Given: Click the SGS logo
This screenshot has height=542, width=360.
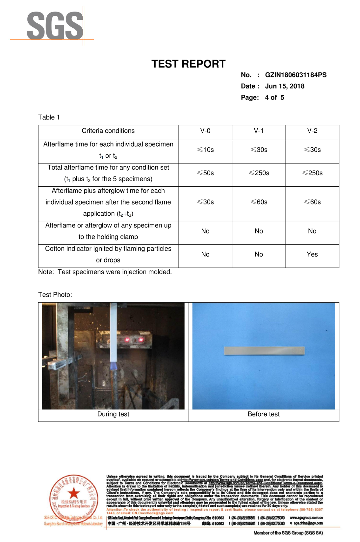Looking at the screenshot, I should pyautogui.click(x=55, y=26).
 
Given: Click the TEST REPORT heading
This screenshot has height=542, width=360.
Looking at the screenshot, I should pyautogui.click(x=188, y=64).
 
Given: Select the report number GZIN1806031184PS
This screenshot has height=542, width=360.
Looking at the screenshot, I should pyautogui.click(x=296, y=75).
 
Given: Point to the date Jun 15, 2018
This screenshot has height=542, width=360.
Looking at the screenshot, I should pyautogui.click(x=285, y=86).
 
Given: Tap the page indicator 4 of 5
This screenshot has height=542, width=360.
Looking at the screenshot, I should pyautogui.click(x=274, y=97).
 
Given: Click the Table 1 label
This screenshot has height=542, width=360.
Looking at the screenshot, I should pyautogui.click(x=49, y=117).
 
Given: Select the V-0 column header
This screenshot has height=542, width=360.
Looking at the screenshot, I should pyautogui.click(x=205, y=131).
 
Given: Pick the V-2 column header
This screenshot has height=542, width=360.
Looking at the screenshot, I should pyautogui.click(x=312, y=131).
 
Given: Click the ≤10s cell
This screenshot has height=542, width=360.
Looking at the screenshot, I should pyautogui.click(x=205, y=150).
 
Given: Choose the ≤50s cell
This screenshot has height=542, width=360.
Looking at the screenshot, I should pyautogui.click(x=205, y=173).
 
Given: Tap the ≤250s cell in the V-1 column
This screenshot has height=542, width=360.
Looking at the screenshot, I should pyautogui.click(x=259, y=173).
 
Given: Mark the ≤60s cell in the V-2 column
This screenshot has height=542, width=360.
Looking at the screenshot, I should pyautogui.click(x=312, y=202).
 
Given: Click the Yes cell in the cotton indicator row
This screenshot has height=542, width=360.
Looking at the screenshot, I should pyautogui.click(x=312, y=254).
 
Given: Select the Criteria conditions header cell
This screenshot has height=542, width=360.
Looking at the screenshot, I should pyautogui.click(x=108, y=131).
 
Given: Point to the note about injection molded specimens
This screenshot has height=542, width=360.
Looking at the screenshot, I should pyautogui.click(x=105, y=272).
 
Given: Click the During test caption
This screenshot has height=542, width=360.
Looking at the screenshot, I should pyautogui.click(x=113, y=414).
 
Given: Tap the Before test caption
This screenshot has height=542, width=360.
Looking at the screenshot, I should pyautogui.click(x=264, y=414).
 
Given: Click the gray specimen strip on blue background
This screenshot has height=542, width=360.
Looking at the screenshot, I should pyautogui.click(x=264, y=351).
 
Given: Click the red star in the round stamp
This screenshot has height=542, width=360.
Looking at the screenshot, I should pyautogui.click(x=74, y=493).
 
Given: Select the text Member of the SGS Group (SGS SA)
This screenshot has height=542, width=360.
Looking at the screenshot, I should pyautogui.click(x=288, y=533).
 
